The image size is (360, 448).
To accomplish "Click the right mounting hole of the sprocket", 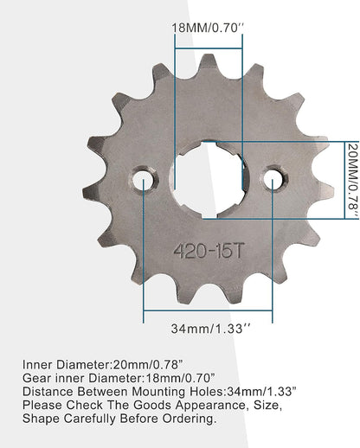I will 273,180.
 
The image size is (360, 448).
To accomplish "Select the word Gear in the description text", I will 38,377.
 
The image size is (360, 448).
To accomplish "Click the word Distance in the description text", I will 48,391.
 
